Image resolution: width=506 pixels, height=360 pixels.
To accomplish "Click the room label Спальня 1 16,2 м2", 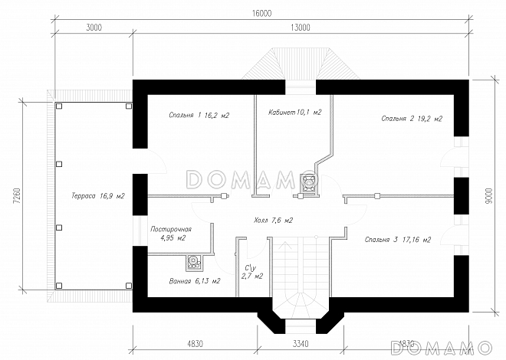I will click(x=199, y=115).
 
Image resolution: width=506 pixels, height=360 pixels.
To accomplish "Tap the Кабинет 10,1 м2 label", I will click(x=294, y=112).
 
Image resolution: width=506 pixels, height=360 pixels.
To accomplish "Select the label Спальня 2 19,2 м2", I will click(x=413, y=119).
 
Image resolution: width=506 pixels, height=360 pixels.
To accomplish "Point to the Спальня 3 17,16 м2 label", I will click(x=397, y=240).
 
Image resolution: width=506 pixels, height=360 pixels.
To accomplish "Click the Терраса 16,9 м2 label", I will click(x=98, y=196).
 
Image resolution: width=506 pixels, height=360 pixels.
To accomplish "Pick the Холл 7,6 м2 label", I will click(x=274, y=220).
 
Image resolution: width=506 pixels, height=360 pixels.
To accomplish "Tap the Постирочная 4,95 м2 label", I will click(x=171, y=234).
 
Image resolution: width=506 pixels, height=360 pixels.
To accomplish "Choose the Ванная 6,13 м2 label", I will click(x=195, y=281).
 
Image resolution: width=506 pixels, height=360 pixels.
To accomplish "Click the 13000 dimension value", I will click(x=300, y=28).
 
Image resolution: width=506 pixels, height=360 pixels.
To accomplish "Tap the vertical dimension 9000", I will click(x=488, y=196).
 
